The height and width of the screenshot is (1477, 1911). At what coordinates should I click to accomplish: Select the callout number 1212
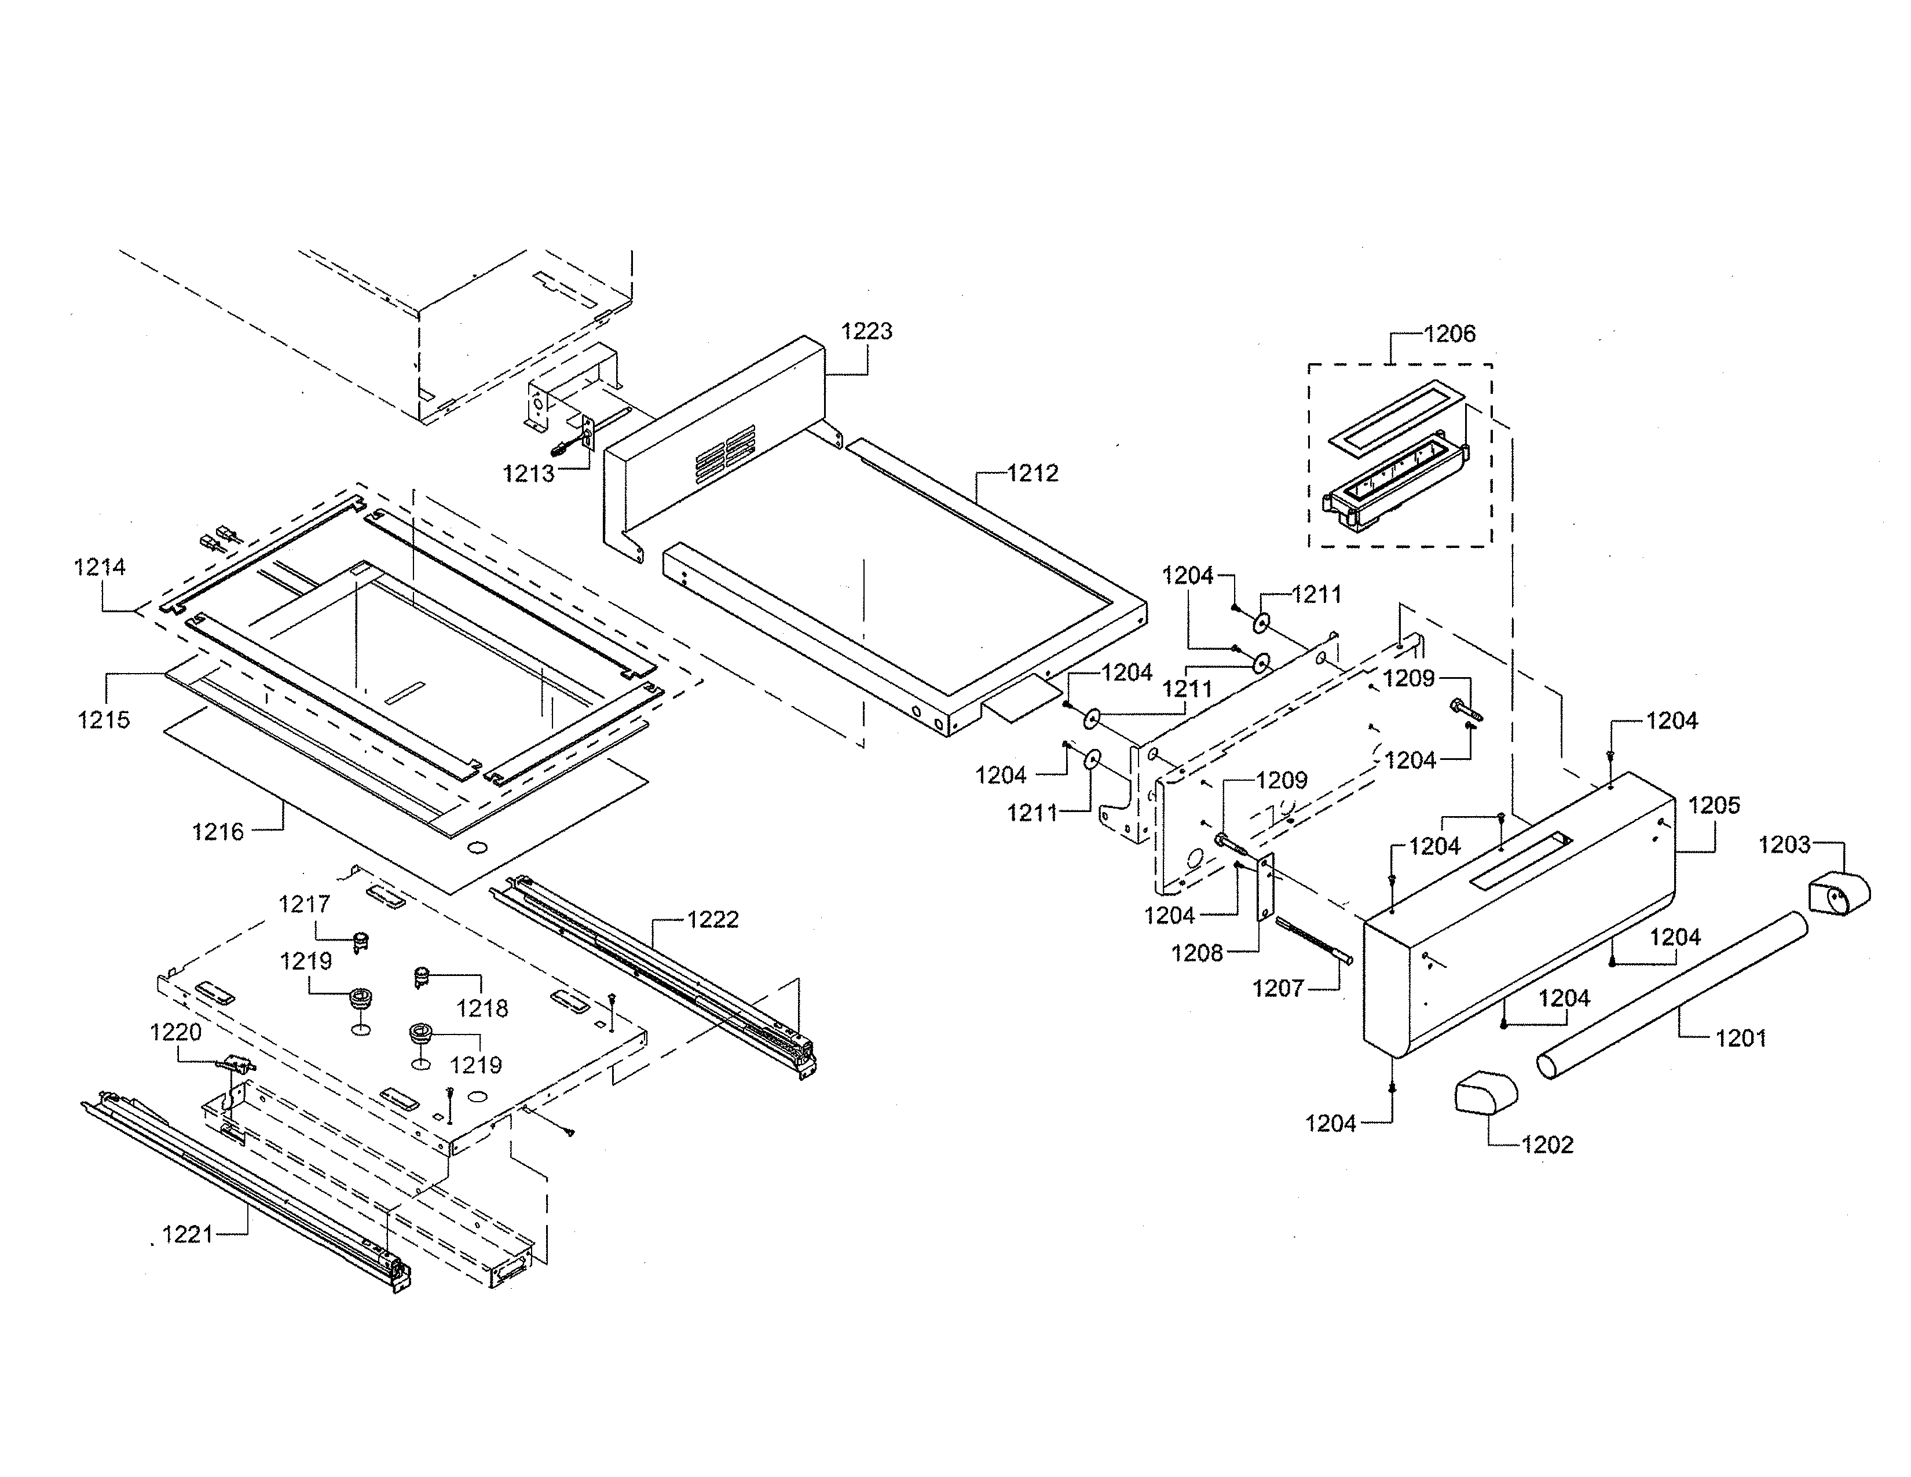tap(1033, 473)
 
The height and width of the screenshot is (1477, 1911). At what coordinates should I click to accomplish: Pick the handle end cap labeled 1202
tap(1485, 1095)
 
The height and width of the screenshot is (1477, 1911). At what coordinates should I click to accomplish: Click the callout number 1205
tap(1714, 805)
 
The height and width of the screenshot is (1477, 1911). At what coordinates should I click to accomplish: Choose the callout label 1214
tap(100, 567)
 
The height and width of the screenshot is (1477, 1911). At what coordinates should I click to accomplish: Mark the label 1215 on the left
tap(103, 719)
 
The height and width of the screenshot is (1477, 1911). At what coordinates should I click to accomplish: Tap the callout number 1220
tap(176, 1033)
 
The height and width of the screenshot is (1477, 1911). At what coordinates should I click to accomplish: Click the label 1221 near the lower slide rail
tap(187, 1235)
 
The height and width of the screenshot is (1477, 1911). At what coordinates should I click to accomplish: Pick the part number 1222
tap(712, 920)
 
